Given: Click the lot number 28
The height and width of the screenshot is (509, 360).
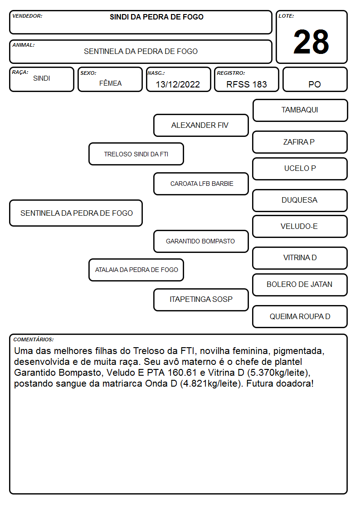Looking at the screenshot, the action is (311, 42).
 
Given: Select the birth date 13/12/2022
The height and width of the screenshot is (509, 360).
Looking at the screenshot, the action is (178, 84).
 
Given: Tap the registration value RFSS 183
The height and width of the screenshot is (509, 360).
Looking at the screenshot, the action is (246, 84).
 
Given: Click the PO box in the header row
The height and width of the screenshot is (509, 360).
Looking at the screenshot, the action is (315, 79).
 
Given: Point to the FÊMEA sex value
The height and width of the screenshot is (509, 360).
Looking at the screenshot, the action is (110, 83).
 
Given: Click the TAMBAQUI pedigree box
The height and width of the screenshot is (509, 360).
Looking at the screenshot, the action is (300, 111).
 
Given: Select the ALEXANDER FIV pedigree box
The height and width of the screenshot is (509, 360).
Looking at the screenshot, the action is (201, 125).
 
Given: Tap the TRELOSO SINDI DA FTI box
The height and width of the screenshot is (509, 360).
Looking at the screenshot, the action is (136, 154).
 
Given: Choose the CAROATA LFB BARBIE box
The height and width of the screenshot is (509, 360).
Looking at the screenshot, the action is (201, 184).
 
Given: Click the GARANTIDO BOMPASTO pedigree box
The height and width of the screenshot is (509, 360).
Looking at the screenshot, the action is (201, 241).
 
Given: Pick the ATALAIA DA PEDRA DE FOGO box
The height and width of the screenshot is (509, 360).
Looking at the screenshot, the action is (136, 270).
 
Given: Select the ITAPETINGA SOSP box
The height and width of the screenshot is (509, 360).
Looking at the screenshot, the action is (201, 300).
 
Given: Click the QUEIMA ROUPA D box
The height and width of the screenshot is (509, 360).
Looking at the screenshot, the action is (300, 316).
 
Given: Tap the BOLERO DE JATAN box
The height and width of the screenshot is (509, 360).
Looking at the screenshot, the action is (300, 285).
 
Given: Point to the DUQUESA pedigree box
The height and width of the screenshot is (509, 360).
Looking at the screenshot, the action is (300, 200).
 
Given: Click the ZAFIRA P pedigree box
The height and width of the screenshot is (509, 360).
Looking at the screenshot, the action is (300, 142).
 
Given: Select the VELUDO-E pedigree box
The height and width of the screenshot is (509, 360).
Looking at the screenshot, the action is (300, 226).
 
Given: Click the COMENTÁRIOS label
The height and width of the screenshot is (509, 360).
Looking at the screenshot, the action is (34, 339).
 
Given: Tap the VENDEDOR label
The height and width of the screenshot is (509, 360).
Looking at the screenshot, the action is (27, 16).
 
